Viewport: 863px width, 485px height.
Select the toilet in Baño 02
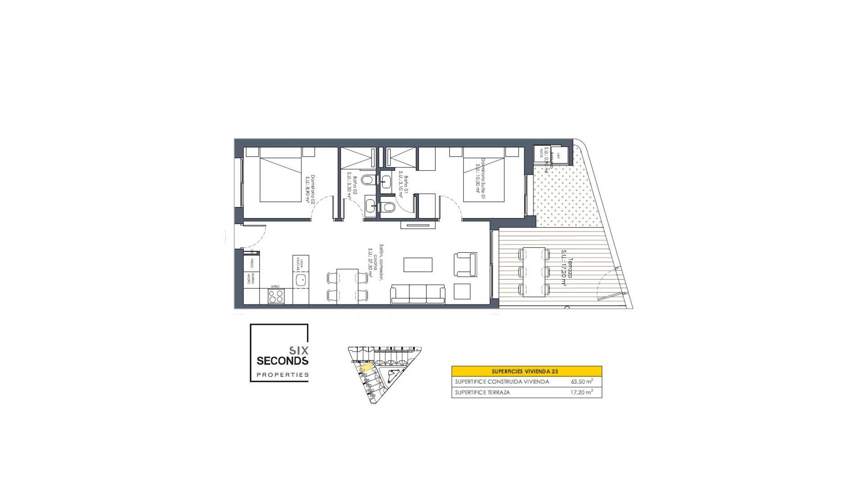[x=368, y=180]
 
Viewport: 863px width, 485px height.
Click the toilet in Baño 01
[x=388, y=207]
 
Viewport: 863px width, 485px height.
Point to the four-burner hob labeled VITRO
[x=276, y=296]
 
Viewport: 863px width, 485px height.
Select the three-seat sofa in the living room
[x=418, y=294]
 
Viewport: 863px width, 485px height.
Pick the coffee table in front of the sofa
[x=418, y=265]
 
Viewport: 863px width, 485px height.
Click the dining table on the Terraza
[x=534, y=272]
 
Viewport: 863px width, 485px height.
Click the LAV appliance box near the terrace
[x=558, y=156]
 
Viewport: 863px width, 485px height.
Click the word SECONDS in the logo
[x=282, y=361]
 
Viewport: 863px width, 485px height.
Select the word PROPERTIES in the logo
[x=282, y=375]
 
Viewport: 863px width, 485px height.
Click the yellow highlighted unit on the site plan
[x=367, y=368]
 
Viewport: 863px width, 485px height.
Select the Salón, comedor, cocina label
[x=376, y=263]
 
